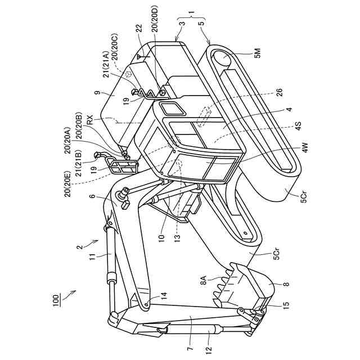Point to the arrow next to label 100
[x=70, y=293]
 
